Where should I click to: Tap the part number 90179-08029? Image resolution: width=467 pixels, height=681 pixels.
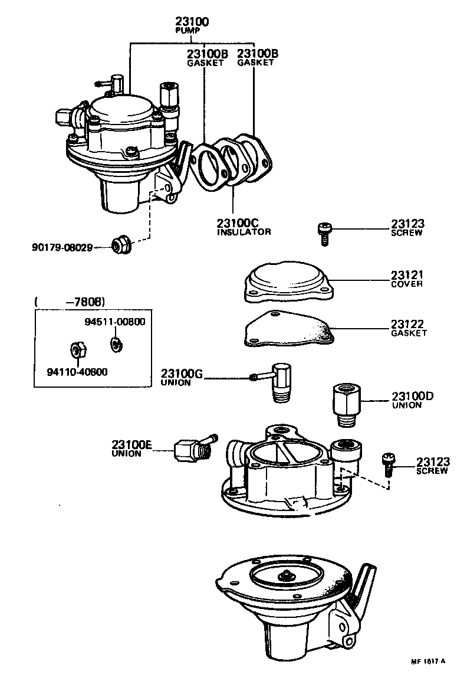point(63,247)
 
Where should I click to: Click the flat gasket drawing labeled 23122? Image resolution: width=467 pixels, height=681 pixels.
point(288,329)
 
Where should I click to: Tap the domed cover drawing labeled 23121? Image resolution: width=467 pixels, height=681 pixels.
point(288,282)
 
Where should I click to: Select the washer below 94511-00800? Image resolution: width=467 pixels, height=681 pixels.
point(115,343)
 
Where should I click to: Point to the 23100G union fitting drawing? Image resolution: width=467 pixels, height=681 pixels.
point(277,381)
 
